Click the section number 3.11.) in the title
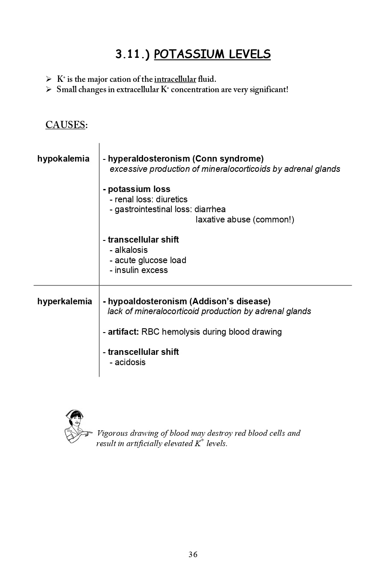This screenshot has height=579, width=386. pyautogui.click(x=132, y=54)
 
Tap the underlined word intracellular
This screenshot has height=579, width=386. pyautogui.click(x=175, y=79)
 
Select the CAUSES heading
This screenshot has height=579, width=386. pyautogui.click(x=66, y=125)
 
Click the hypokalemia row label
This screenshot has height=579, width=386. pyautogui.click(x=63, y=159)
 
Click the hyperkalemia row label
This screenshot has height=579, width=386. pyautogui.click(x=65, y=301)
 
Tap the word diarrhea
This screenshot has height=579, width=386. pyautogui.click(x=210, y=209)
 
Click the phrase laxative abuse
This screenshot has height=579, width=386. pyautogui.click(x=223, y=219)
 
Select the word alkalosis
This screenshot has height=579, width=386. pyautogui.click(x=131, y=250)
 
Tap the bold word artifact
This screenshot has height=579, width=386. pyautogui.click(x=123, y=332)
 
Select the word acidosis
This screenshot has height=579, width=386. pyautogui.click(x=130, y=362)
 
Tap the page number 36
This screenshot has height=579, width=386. pyautogui.click(x=193, y=555)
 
